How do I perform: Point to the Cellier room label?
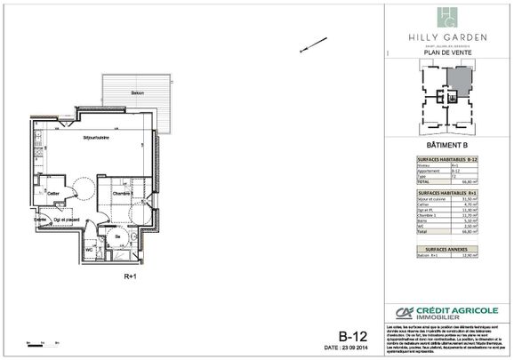(x=53, y=193)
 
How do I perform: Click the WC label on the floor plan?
(x=90, y=248)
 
